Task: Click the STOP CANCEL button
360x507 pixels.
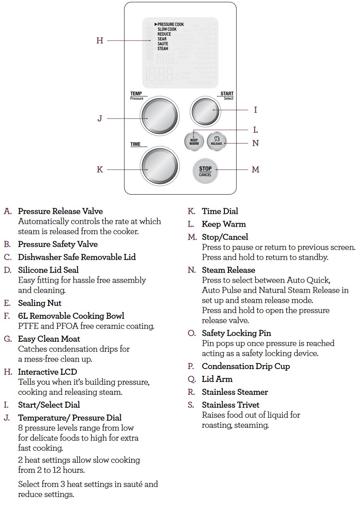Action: pos(205,171)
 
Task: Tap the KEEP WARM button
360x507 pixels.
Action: pos(194,142)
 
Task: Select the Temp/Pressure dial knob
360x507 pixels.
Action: pos(159,116)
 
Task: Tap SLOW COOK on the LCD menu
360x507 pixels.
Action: pos(167,29)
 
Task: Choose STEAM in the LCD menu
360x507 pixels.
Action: pos(163,49)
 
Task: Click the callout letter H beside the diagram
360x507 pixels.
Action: pos(100,41)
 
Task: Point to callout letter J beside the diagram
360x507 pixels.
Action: pos(100,119)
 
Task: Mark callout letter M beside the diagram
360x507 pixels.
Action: pos(255,170)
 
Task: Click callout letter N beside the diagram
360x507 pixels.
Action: pos(255,143)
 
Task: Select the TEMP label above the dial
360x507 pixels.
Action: pos(136,94)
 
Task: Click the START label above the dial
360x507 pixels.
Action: pos(227,94)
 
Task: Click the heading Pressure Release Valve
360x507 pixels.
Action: pos(60,211)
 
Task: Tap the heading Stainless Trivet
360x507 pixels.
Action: pos(230,405)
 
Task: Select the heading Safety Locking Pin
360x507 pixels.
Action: pos(236,333)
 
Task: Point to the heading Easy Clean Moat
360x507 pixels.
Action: pos(49,339)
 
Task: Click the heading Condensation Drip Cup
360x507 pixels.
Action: pos(246,366)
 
